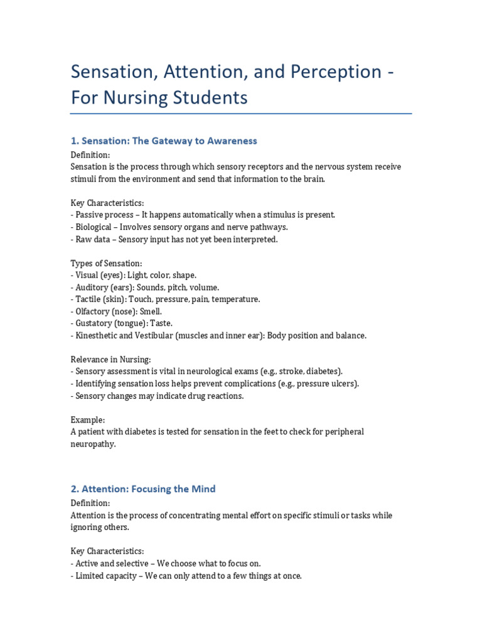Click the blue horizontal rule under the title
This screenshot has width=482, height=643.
241,114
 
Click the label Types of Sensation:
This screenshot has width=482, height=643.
106,263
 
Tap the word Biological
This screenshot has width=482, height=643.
94,227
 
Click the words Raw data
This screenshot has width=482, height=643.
94,239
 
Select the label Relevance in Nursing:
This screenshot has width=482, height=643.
110,359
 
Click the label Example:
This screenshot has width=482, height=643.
88,419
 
